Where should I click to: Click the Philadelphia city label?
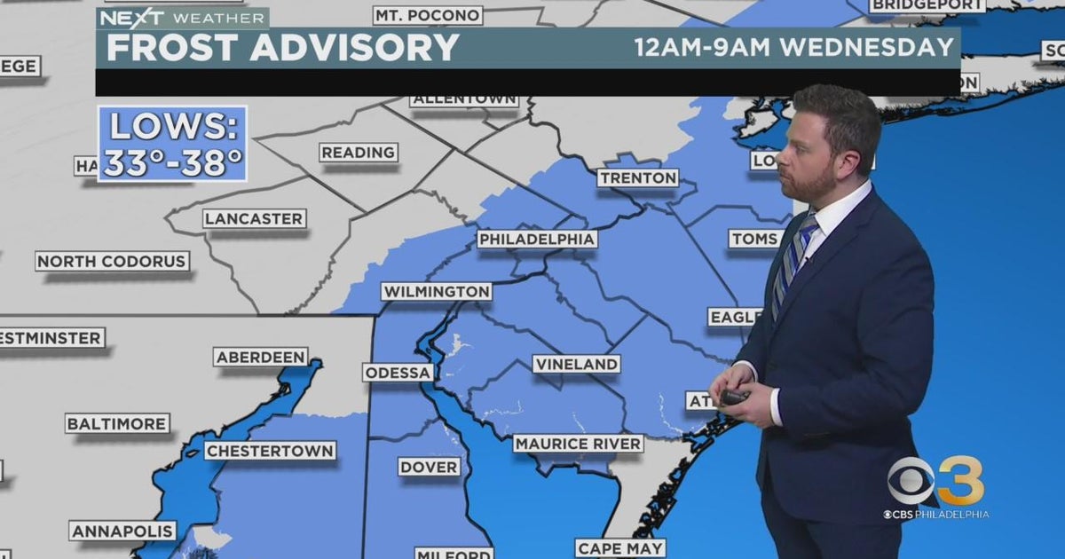(537, 240)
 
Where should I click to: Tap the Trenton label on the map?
(637, 178)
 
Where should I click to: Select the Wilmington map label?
(436, 292)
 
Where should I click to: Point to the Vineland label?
(576, 365)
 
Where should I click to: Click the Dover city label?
(429, 467)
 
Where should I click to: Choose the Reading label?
(359, 153)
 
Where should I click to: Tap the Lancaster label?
(254, 219)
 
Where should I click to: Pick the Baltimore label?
(117, 424)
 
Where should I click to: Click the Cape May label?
(620, 548)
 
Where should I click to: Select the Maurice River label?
(578, 444)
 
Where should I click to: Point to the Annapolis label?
(122, 531)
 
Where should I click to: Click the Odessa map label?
(398, 373)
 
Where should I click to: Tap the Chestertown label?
(270, 451)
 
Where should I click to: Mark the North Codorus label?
(113, 262)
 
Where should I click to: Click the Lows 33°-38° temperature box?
(172, 145)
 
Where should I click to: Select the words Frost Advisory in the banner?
(282, 48)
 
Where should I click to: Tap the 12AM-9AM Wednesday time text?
(793, 47)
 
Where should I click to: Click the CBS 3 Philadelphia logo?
(936, 488)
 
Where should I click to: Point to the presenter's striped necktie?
(793, 262)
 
